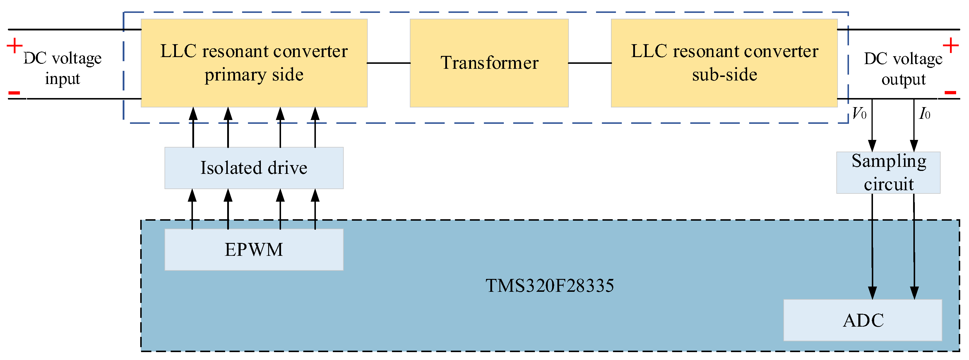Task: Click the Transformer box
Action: click(x=489, y=63)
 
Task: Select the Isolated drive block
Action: click(x=254, y=168)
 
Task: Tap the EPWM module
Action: click(x=254, y=249)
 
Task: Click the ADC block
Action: click(x=862, y=320)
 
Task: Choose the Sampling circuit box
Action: click(x=888, y=173)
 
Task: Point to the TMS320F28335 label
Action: click(x=549, y=286)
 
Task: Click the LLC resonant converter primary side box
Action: click(x=254, y=63)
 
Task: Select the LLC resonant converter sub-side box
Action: click(x=724, y=63)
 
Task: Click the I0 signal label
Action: click(x=925, y=113)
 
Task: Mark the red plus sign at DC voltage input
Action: click(x=15, y=46)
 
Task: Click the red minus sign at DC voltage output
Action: click(x=950, y=92)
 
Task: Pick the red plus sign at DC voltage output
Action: click(x=951, y=46)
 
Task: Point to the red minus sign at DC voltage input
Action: click(x=14, y=92)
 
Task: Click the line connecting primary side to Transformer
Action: click(x=388, y=63)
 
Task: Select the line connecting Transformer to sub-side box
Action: click(x=589, y=63)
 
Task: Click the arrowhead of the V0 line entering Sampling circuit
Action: click(x=872, y=146)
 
